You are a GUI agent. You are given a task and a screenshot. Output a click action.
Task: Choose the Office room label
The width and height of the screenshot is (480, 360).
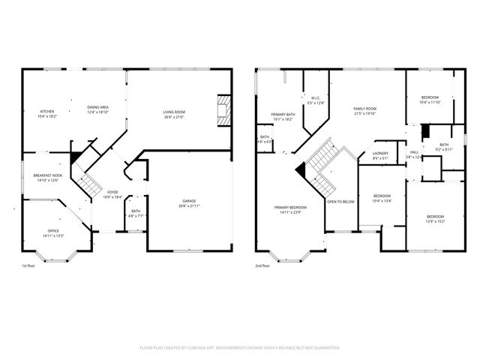(52, 232)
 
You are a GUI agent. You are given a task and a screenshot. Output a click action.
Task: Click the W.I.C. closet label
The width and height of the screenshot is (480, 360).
(316, 100)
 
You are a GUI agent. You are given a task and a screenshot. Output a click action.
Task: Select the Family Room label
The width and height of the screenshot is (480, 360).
(364, 111)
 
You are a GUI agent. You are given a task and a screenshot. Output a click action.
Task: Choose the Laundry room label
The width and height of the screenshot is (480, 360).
(380, 155)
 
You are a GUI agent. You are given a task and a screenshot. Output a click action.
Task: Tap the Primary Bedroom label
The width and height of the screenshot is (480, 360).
(290, 210)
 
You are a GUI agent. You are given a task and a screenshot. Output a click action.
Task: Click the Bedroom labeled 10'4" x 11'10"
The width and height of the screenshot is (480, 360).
(430, 99)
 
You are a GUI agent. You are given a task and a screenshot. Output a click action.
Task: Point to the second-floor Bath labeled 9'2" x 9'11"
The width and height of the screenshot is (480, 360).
(444, 147)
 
